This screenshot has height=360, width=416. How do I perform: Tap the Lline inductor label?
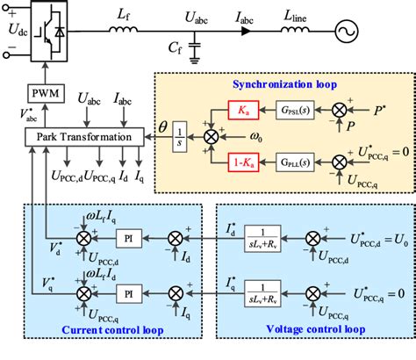[298, 15]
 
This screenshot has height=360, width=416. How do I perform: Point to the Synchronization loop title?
[292, 84]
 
